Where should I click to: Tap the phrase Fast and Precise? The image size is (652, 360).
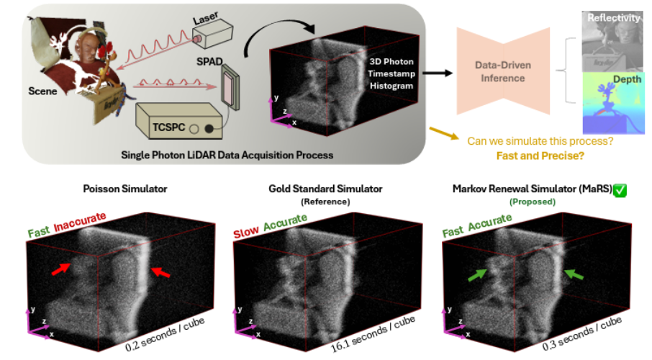click(537, 156)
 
